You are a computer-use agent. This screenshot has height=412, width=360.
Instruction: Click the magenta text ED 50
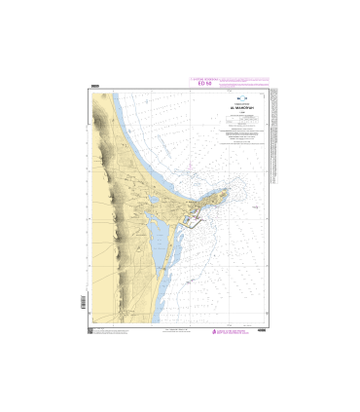click(x=203, y=84)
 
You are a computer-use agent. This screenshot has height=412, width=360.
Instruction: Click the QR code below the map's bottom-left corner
click(x=90, y=332)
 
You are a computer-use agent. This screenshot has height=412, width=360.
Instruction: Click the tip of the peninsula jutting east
click(x=228, y=190)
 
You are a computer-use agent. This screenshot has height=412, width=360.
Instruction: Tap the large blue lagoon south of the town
click(x=155, y=239)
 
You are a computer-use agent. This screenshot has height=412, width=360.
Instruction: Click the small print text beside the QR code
click(x=110, y=332)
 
